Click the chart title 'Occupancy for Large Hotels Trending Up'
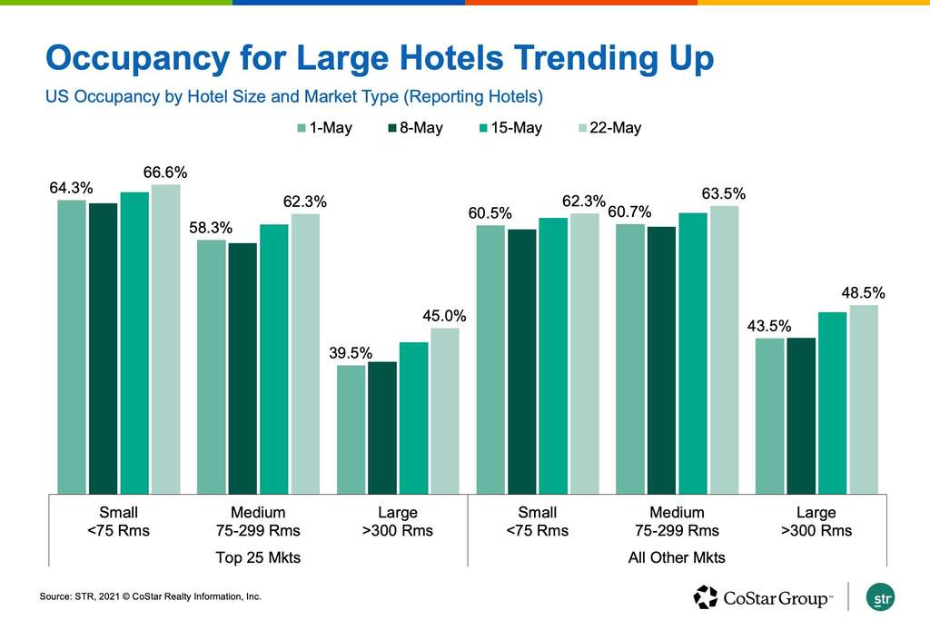(379, 58)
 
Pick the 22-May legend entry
(608, 128)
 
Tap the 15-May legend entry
(509, 128)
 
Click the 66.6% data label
(165, 172)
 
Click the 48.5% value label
(863, 293)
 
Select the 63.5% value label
(724, 193)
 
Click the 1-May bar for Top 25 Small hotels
(72, 346)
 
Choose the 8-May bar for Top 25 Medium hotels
(242, 368)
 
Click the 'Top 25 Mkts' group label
(258, 557)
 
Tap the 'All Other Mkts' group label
(677, 557)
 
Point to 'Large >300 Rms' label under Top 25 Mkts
(398, 522)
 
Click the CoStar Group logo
(762, 596)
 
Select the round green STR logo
(881, 597)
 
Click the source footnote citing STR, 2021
(150, 596)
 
